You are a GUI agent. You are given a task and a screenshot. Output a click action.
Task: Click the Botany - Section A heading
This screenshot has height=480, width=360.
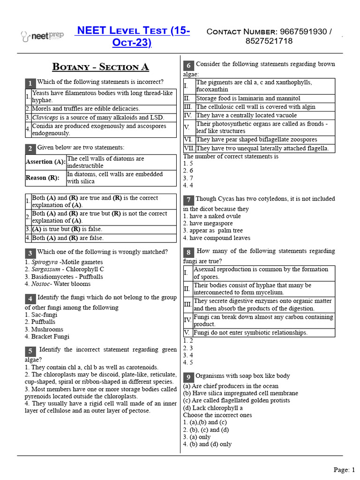pos(101,67)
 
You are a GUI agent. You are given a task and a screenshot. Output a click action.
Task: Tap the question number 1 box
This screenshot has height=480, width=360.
pos(30,83)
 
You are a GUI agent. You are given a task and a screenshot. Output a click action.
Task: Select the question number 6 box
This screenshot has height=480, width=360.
pos(188,65)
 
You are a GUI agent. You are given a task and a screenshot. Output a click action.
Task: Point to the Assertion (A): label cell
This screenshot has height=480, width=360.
pos(45,162)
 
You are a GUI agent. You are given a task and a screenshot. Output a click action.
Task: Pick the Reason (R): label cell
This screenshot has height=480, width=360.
pos(43,178)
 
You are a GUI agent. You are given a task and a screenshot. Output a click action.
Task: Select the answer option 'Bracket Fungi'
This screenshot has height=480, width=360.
pos(50,337)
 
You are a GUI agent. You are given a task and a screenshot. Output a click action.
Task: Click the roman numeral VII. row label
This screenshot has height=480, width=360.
pos(189,148)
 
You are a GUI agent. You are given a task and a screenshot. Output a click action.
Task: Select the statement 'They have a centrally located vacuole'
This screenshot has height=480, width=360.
pos(246,115)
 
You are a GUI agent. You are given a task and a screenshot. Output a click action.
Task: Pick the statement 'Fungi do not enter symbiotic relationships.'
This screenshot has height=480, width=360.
pos(250,333)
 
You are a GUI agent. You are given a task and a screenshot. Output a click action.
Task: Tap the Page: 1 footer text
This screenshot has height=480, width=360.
pos(345,469)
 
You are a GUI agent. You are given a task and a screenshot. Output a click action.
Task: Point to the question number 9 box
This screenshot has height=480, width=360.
pos(188,377)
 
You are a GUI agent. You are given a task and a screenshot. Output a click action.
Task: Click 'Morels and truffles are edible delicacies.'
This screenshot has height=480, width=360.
pos(86,109)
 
